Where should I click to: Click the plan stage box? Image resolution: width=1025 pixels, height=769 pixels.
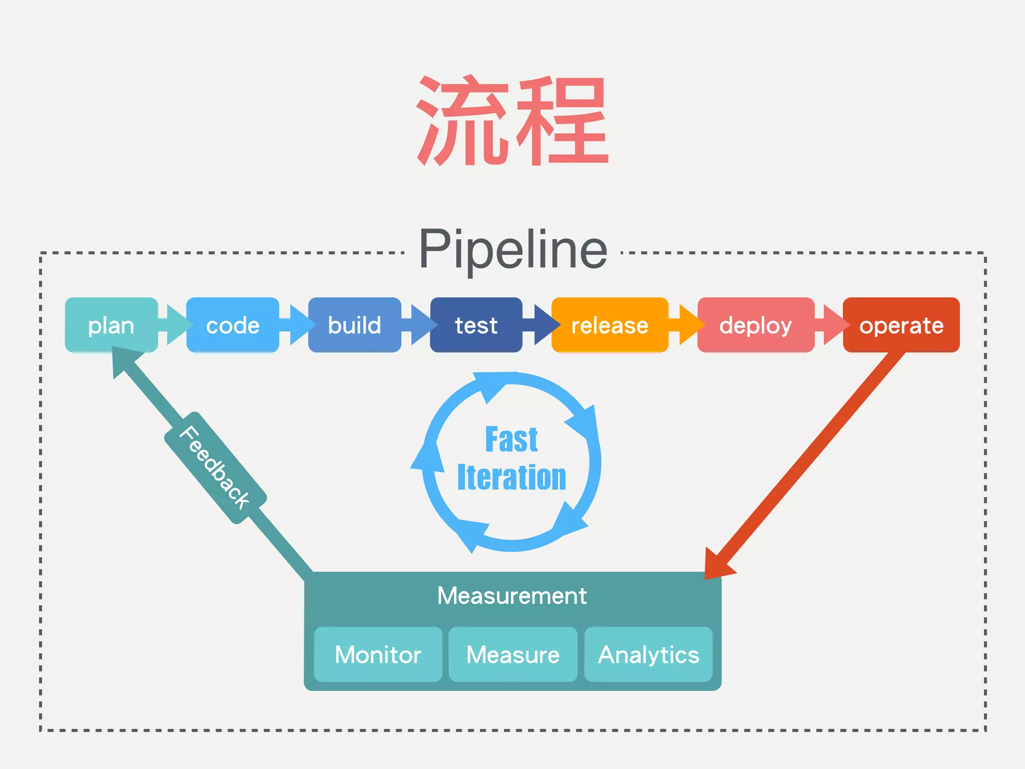[x=111, y=325]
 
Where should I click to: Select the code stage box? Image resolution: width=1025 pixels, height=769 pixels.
[x=233, y=325]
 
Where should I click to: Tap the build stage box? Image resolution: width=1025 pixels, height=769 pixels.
[x=354, y=325]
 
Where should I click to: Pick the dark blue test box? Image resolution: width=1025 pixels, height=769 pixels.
[x=476, y=325]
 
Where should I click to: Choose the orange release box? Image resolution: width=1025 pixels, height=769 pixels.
[x=610, y=325]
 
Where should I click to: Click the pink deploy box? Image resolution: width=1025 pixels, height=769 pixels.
[x=756, y=325]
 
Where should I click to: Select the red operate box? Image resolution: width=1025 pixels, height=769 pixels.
[x=901, y=325]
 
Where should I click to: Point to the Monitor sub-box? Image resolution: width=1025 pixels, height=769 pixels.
[x=378, y=654]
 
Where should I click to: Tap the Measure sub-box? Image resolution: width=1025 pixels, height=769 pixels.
[x=513, y=654]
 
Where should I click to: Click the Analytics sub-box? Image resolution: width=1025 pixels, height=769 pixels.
[x=649, y=654]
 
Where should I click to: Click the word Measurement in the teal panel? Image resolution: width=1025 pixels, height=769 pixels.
[x=511, y=596]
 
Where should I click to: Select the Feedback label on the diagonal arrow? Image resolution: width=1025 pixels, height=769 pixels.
[x=215, y=468]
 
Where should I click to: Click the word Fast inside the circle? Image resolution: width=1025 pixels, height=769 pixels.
[x=511, y=440]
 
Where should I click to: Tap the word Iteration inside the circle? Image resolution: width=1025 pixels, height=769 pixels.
[x=511, y=477]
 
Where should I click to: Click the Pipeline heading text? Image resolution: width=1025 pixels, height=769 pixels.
[x=513, y=249]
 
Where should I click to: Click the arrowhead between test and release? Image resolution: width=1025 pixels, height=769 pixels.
[x=546, y=325]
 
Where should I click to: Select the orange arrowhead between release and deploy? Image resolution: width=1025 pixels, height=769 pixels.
[x=691, y=325]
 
